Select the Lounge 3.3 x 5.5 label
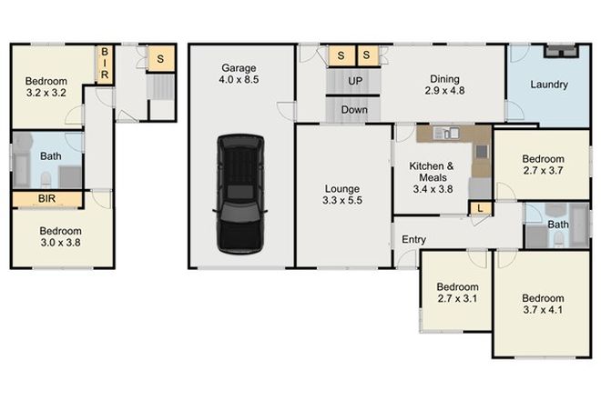pyautogui.click(x=342, y=195)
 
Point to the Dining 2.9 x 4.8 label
pyautogui.click(x=444, y=85)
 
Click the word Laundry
pyautogui.click(x=549, y=85)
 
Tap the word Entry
pyautogui.click(x=414, y=240)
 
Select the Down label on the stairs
pyautogui.click(x=355, y=110)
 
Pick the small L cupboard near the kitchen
pyautogui.click(x=480, y=208)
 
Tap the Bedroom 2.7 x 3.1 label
pyautogui.click(x=453, y=292)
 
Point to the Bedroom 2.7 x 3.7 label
pyautogui.click(x=543, y=163)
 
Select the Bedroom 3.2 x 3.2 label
pyautogui.click(x=46, y=86)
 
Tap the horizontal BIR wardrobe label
pyautogui.click(x=47, y=199)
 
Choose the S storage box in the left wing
pyautogui.click(x=160, y=59)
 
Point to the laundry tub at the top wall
pyautogui.click(x=559, y=51)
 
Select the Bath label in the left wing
pyautogui.click(x=51, y=156)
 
